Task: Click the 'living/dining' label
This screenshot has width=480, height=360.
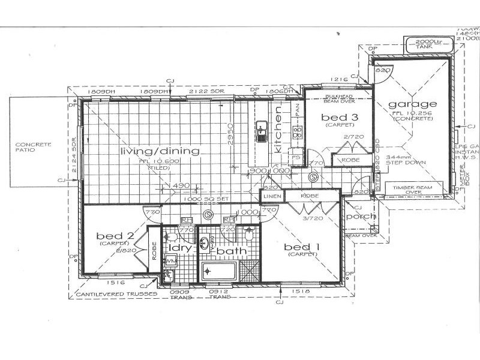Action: point(159,151)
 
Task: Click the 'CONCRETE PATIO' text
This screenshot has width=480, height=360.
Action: point(33,147)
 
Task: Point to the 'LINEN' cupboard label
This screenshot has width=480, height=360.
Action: point(271,196)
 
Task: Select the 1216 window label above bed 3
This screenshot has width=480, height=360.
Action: point(339,79)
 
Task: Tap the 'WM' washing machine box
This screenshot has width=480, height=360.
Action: point(169,261)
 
